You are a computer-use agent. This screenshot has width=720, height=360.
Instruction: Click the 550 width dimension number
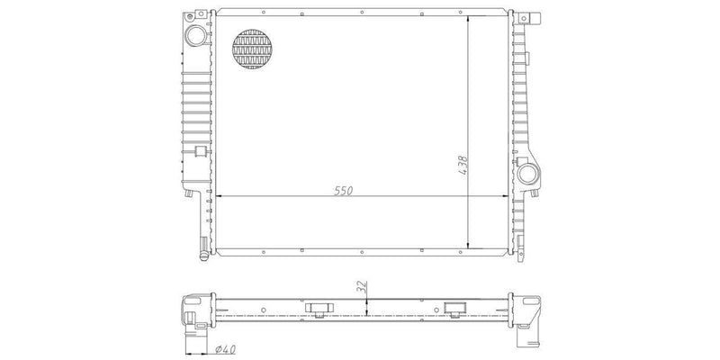tap(344, 191)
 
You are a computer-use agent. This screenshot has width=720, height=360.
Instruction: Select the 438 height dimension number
tap(463, 165)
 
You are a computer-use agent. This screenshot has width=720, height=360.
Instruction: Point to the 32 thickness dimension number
tap(362, 287)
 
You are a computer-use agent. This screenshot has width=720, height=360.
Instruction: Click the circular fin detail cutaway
tap(252, 49)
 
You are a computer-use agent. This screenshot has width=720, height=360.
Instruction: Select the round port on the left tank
tap(196, 35)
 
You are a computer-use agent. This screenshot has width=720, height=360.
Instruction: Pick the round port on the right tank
tap(527, 174)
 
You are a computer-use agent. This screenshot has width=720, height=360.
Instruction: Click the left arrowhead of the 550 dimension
tap(219, 196)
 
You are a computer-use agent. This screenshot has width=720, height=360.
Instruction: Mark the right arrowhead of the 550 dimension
tap(505, 196)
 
